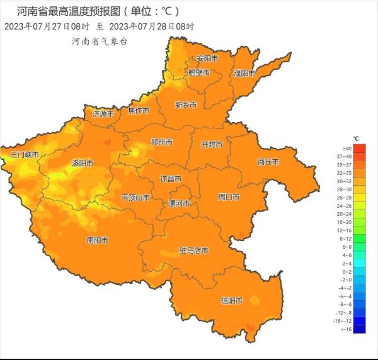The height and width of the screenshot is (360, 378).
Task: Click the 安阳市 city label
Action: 207,59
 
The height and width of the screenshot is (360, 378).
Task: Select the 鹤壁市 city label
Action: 200,73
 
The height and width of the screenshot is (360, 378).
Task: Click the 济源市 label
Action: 103,115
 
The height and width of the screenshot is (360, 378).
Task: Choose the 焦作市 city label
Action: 139,111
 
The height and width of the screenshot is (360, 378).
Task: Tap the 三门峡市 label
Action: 25,155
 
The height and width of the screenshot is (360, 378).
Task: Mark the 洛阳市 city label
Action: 82,163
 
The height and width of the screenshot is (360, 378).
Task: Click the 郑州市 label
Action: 161,142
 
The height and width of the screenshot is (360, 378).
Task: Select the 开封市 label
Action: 211,144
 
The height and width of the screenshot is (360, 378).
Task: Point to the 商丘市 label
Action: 268,162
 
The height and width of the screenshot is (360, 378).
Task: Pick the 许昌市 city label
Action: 171,179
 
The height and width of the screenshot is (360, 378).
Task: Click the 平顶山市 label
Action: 135,198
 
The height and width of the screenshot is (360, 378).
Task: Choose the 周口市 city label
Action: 229,197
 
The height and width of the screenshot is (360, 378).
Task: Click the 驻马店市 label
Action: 193,250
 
